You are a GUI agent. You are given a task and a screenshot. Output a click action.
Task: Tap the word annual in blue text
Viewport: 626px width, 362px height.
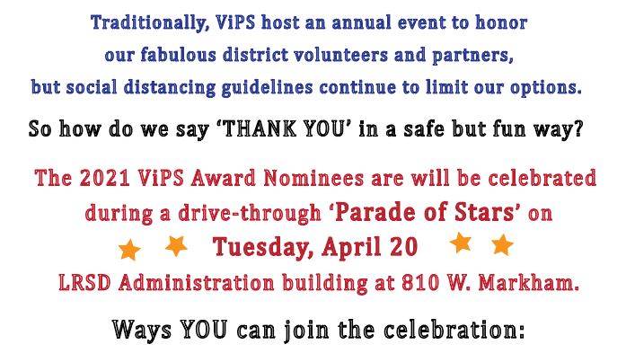point(361,22)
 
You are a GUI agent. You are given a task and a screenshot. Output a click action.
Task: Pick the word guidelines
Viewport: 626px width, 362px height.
point(267,88)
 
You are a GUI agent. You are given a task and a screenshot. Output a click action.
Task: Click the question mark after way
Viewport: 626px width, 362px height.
point(578,129)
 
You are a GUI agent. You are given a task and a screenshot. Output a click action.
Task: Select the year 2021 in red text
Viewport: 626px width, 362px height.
point(104,178)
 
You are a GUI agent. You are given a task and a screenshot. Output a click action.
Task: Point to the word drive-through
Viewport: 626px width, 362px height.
point(250,213)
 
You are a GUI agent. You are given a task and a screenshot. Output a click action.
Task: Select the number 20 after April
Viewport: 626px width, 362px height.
point(404,247)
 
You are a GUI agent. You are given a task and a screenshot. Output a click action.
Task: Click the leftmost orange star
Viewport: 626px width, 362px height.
point(129,250)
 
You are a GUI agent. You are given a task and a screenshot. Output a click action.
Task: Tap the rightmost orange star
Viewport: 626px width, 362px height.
point(502,244)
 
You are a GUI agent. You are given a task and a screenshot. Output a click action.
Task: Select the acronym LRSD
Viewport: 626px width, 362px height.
point(84,283)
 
